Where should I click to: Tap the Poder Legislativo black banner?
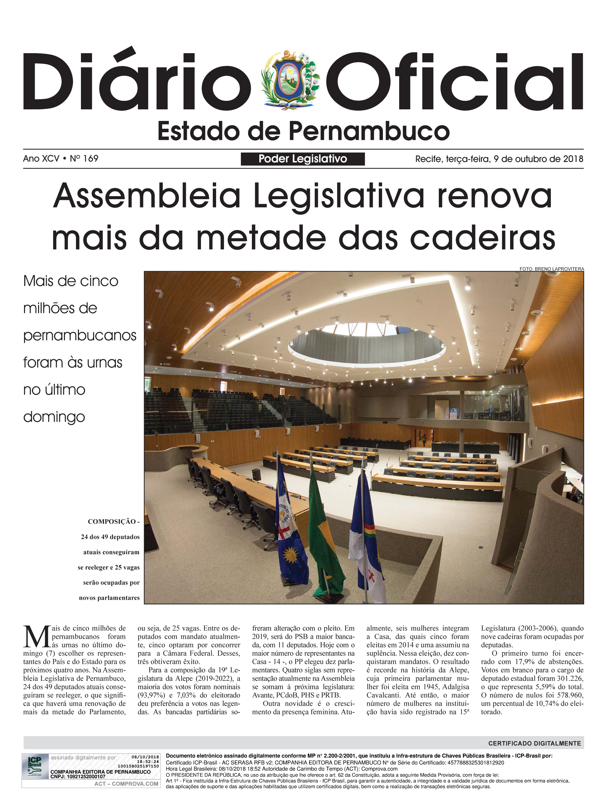click(303, 159)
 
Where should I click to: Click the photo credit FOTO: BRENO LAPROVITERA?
click(551, 269)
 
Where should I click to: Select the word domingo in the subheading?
click(54, 417)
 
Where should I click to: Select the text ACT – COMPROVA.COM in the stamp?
click(126, 784)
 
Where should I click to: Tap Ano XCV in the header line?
click(41, 158)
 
